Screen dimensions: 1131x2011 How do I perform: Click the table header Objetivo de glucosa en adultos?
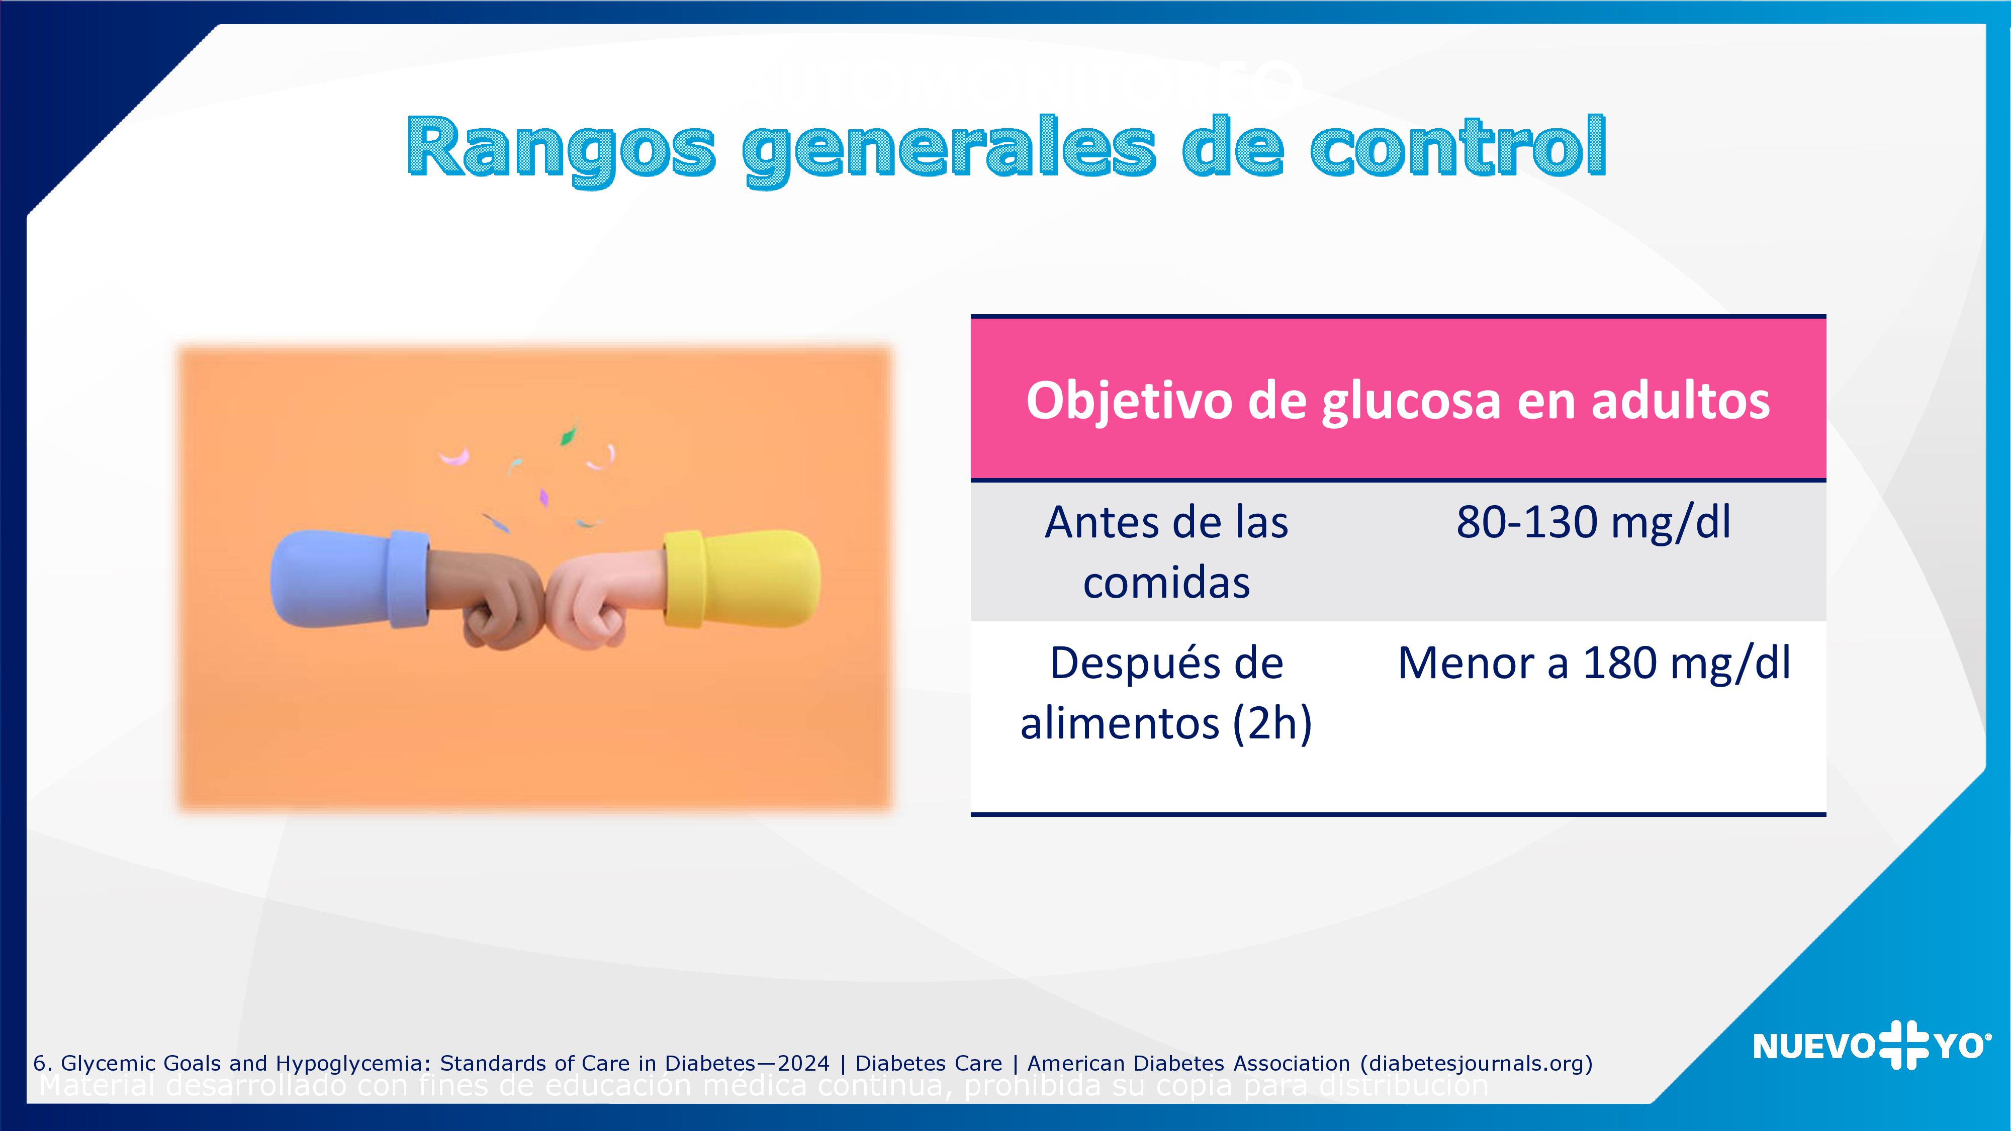click(1398, 400)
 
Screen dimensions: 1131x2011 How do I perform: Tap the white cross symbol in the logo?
click(1903, 1045)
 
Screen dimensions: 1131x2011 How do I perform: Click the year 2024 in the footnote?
click(803, 1063)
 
